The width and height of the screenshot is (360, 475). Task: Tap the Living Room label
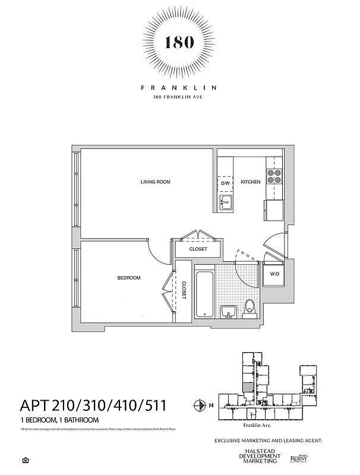155,182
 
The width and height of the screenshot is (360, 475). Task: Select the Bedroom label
128,278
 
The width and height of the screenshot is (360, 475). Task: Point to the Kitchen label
251,182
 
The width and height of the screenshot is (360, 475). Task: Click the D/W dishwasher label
225,183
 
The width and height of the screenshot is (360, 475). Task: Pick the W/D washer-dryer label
274,274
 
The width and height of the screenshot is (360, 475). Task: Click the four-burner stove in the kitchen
274,176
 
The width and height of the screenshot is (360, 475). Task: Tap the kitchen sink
225,204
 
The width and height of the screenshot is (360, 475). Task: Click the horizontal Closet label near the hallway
198,249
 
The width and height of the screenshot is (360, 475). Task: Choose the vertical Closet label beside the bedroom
184,291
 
